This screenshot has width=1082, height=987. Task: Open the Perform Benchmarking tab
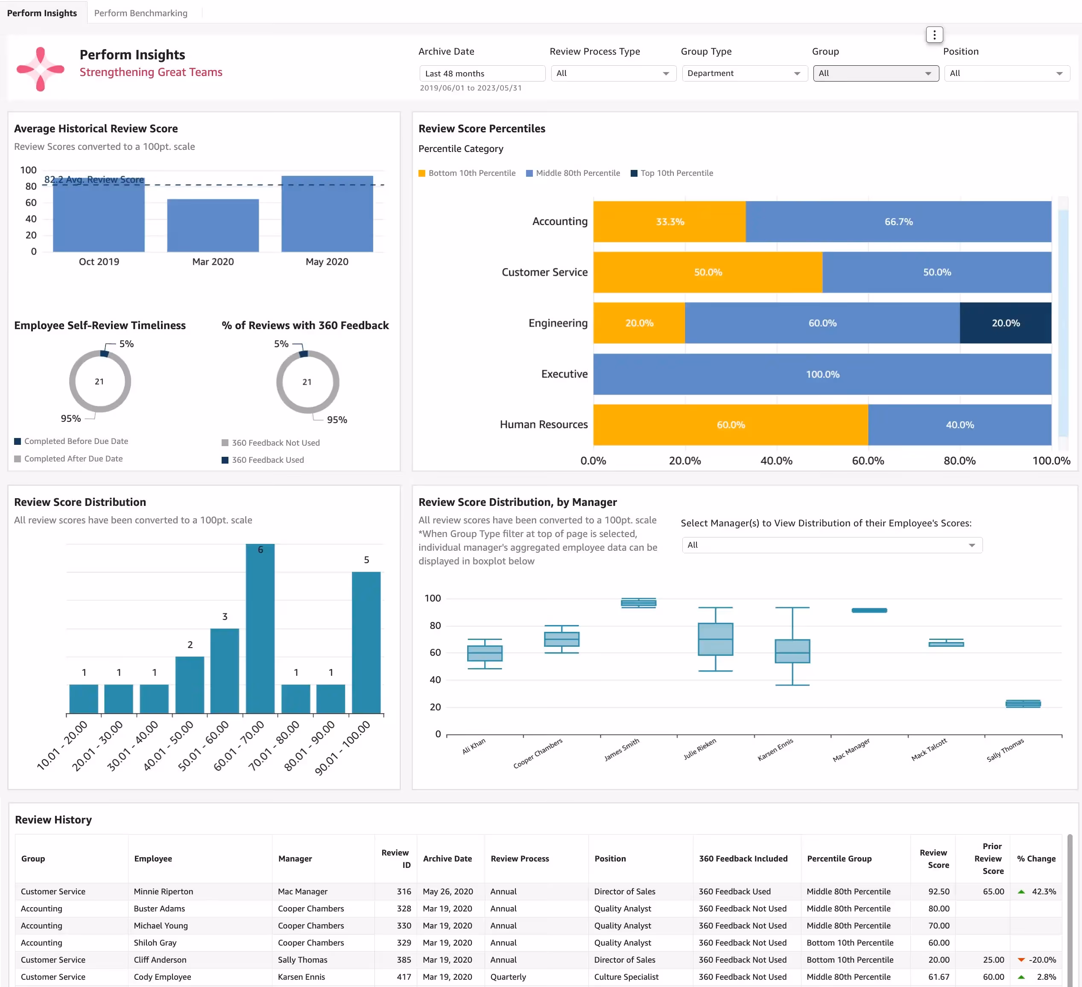click(140, 13)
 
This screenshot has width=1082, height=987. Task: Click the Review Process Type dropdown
click(613, 73)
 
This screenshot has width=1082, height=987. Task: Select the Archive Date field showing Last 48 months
click(482, 73)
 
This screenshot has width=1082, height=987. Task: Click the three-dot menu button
click(934, 35)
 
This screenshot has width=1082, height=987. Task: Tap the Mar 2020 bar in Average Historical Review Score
click(213, 225)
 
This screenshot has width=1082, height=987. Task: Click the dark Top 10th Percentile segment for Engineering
click(1005, 323)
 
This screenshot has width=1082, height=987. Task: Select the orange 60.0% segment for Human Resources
click(731, 424)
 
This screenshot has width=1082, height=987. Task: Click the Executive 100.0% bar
click(822, 374)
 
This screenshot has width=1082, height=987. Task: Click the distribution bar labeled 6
click(260, 628)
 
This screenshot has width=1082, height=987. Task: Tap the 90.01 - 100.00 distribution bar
click(366, 642)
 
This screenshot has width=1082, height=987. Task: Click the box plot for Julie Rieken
click(716, 639)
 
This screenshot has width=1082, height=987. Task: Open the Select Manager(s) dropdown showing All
click(832, 545)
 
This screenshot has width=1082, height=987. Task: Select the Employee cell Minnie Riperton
click(164, 891)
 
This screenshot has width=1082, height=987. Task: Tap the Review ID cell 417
click(404, 977)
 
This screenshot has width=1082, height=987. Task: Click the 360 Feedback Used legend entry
click(263, 460)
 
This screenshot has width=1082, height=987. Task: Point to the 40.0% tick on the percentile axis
click(777, 461)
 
